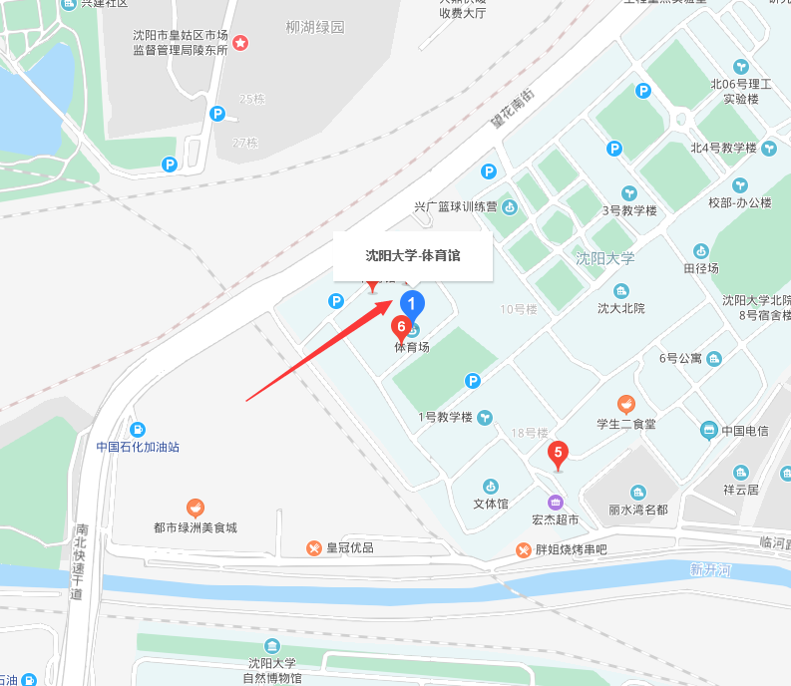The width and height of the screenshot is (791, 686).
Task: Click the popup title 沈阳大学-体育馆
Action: pos(413,255)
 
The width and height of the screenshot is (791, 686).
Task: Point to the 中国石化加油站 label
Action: pos(138,447)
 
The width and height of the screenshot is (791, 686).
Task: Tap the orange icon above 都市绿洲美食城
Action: pos(196,508)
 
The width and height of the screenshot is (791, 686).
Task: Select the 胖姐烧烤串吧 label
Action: pos(571,549)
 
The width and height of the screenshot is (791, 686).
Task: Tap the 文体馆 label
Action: pos(491,504)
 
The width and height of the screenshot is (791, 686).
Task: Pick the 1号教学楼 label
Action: pos(444,417)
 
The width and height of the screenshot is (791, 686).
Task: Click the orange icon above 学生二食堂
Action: pos(625,404)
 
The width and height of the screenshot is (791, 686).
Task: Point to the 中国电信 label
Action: pos(745,431)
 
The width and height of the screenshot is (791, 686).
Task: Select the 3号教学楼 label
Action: pos(629,210)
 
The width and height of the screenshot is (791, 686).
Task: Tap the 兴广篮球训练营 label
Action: pos(456,207)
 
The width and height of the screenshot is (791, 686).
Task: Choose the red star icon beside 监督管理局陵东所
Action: pos(240,43)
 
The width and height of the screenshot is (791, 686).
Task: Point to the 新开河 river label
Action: pos(710,570)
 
